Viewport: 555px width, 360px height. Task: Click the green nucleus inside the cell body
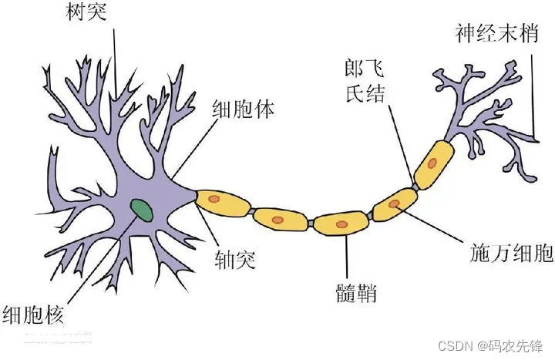tap(141, 208)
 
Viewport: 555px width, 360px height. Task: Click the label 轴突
tap(234, 256)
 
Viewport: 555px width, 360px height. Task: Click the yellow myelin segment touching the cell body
tap(223, 201)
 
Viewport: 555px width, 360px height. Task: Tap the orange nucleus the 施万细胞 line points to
tap(395, 204)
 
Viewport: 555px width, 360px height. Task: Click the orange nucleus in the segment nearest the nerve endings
tap(434, 163)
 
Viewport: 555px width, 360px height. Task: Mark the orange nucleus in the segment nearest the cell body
tap(217, 200)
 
